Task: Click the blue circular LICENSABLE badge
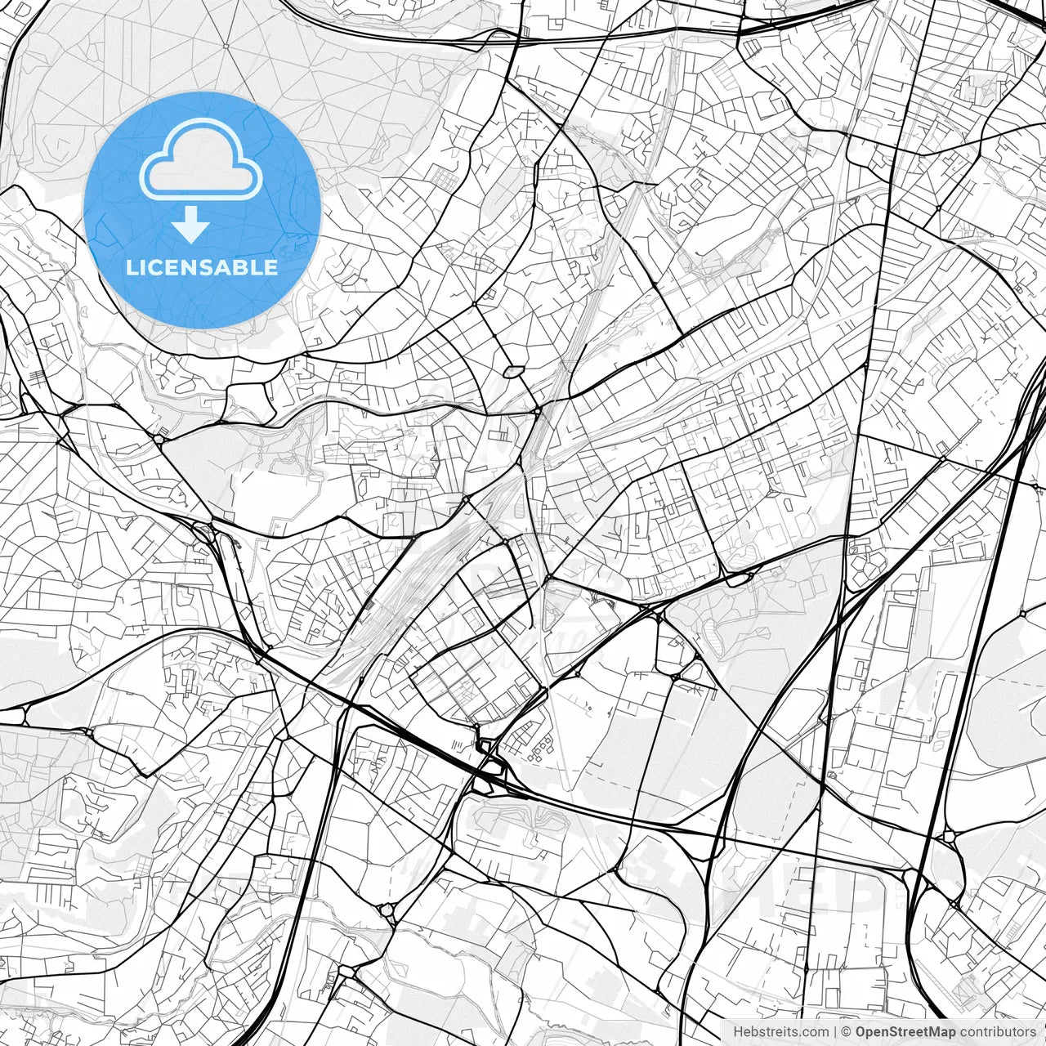[202, 210]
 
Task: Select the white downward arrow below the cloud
[191, 225]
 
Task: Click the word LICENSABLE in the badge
[202, 268]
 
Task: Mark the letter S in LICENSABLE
[201, 268]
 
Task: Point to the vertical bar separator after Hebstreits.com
[835, 1032]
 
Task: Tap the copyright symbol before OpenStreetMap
[847, 1032]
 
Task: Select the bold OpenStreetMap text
[905, 1032]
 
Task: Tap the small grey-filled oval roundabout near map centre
[513, 372]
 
